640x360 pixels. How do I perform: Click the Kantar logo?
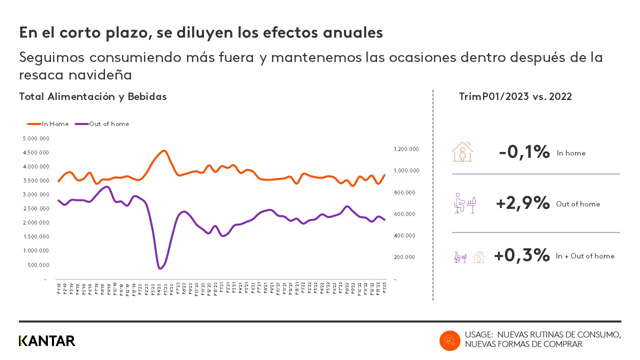[x=47, y=341]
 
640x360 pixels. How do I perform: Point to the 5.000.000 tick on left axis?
[x=36, y=138]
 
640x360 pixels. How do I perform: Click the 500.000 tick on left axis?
[x=38, y=264]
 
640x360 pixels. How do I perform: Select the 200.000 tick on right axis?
[x=407, y=257]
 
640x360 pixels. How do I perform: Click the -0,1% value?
[x=524, y=152]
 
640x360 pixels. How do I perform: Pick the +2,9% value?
[x=522, y=203]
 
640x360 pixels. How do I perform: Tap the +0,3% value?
[x=521, y=255]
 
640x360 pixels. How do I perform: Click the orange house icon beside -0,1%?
[x=462, y=151]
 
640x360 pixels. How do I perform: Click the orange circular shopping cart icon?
[x=449, y=340]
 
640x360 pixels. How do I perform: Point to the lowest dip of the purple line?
[x=160, y=268]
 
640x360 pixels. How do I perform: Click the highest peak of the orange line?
[x=163, y=150]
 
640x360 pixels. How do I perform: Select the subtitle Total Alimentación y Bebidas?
[x=93, y=97]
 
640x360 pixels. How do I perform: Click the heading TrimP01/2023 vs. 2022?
[x=515, y=97]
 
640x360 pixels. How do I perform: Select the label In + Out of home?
[x=585, y=256]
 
